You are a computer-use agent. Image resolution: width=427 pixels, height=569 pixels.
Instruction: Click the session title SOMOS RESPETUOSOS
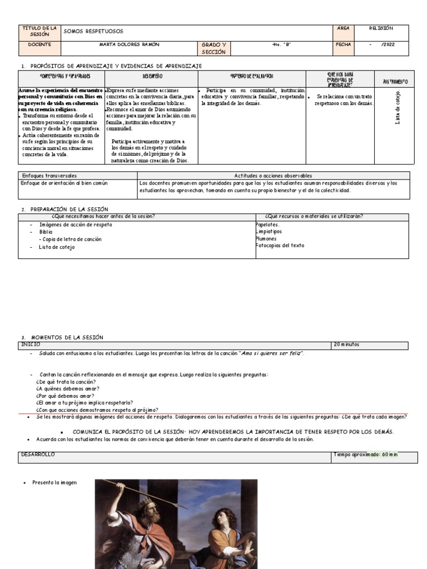coord(93,31)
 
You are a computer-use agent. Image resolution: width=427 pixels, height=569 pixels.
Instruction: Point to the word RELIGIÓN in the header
coord(381,28)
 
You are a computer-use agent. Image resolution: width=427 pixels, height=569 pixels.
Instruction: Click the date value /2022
coord(388,44)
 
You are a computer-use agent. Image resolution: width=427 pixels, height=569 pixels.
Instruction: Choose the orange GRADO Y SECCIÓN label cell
coord(213,48)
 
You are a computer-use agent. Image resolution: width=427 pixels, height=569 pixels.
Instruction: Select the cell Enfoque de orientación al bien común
coord(64,183)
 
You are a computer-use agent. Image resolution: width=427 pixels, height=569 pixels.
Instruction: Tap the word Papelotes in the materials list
coord(267,224)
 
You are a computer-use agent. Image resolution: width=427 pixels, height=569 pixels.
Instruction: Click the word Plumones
coord(266,238)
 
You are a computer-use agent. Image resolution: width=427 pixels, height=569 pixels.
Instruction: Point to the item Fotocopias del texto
coord(280,245)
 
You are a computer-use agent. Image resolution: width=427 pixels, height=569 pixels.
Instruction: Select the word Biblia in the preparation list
coord(46,232)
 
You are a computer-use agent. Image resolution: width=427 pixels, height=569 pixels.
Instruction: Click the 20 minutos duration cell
coord(347,345)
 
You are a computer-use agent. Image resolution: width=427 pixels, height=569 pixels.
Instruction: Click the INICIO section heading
coord(31,345)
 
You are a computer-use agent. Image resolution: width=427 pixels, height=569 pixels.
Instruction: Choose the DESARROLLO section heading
coord(38,455)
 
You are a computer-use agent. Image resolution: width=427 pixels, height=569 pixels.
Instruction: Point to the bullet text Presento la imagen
coord(54,483)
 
